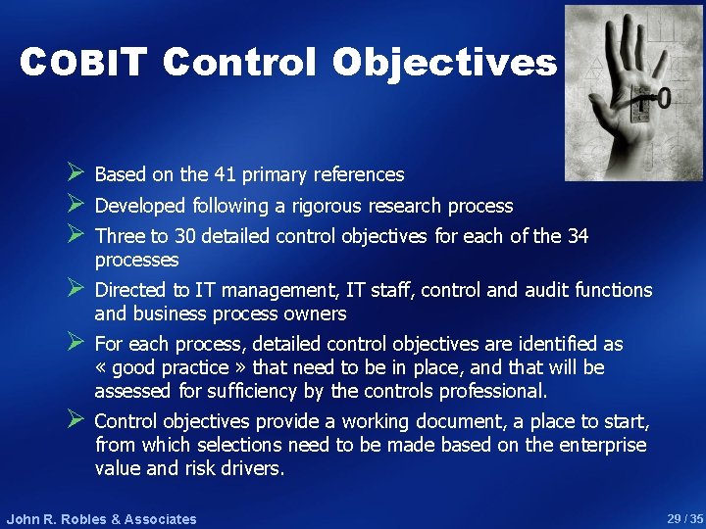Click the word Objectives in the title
pyautogui.click(x=444, y=63)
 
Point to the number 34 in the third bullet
pyautogui.click(x=576, y=236)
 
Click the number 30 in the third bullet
pyautogui.click(x=186, y=236)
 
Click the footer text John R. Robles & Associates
pyautogui.click(x=101, y=519)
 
